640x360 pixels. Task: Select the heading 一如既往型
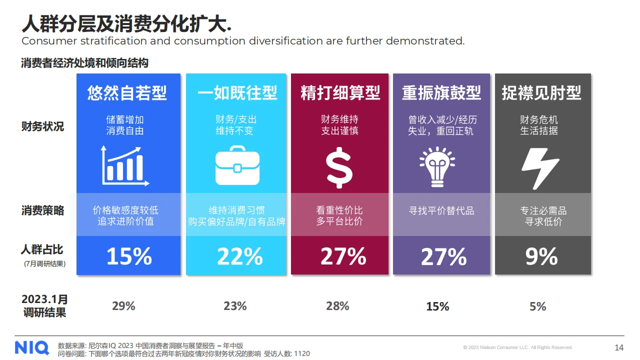[x=237, y=93]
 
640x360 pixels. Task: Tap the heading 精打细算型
[x=340, y=93]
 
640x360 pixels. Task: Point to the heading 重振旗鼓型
[x=441, y=93]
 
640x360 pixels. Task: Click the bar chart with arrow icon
[x=124, y=165]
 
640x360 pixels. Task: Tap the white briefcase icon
[x=237, y=165]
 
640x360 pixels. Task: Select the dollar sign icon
[x=339, y=166]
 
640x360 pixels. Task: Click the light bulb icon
[x=437, y=166]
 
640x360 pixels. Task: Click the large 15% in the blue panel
[x=129, y=256]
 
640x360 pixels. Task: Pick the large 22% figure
[x=239, y=256]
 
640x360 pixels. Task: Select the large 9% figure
[x=541, y=256]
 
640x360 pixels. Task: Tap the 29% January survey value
[x=123, y=306]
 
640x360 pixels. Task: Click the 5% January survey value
[x=538, y=306]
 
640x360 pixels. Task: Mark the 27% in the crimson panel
[x=343, y=256]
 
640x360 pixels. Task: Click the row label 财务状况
[x=42, y=126]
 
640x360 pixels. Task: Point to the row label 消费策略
[x=42, y=210]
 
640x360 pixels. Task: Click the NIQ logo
[x=31, y=347]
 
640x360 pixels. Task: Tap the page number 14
[x=619, y=347]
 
